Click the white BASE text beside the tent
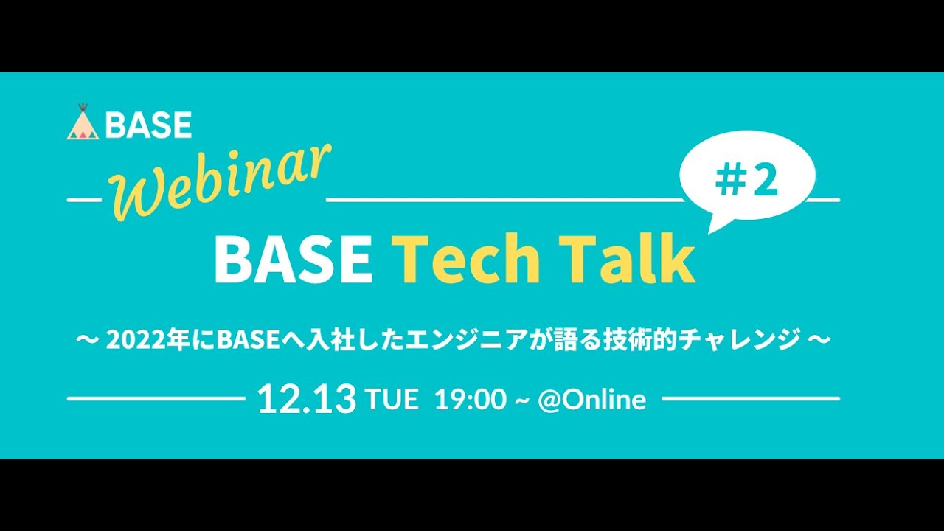coord(148,125)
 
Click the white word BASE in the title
coord(293,259)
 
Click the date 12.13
coord(306,399)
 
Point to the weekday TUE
coord(392,400)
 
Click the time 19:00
coord(470,400)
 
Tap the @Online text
coord(592,400)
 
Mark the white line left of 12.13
coord(155,398)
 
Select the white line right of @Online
coord(751,398)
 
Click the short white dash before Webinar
coord(84,200)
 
